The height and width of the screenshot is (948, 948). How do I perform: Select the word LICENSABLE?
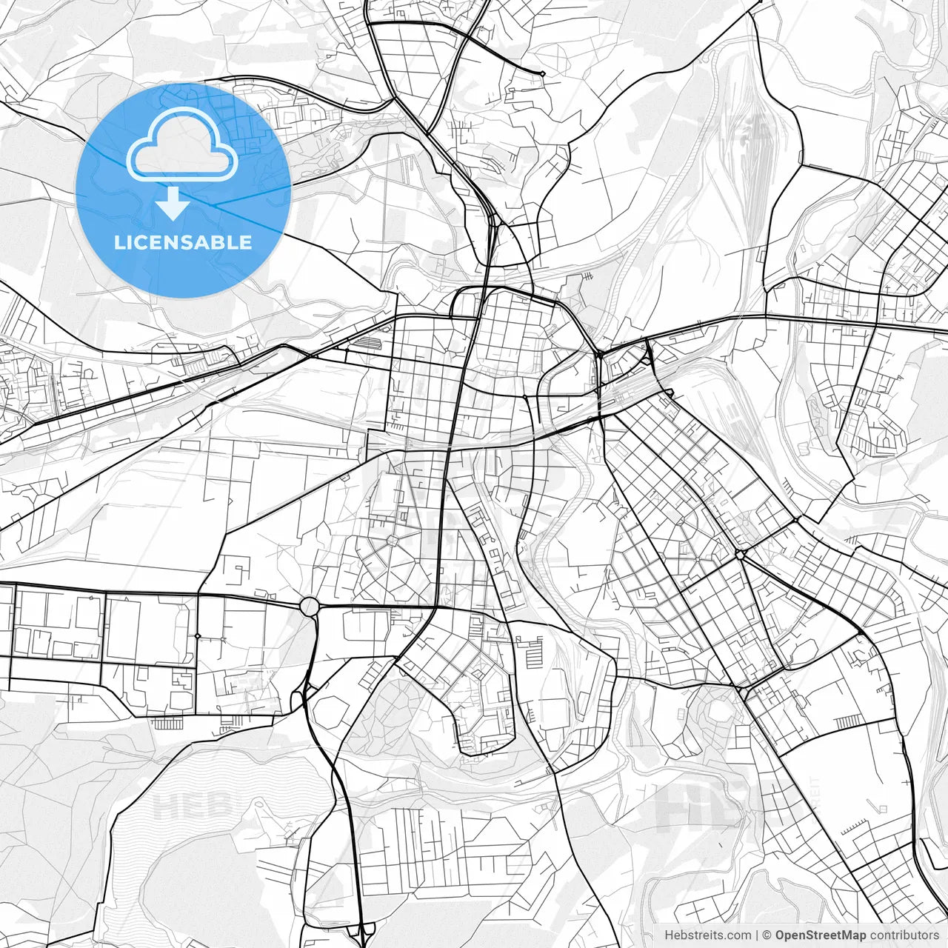tap(183, 242)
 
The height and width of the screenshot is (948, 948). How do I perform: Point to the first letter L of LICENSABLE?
tap(118, 242)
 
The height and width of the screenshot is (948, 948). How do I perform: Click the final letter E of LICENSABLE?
tap(246, 242)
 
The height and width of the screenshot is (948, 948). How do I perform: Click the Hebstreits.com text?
tap(707, 935)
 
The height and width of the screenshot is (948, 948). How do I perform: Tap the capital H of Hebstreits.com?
tap(669, 935)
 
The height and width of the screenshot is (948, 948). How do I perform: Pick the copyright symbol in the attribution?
tap(767, 935)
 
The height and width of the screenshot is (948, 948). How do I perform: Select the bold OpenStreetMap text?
tap(821, 935)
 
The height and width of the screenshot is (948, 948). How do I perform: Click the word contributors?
tap(904, 935)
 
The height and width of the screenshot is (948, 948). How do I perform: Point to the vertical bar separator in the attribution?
tap(757, 935)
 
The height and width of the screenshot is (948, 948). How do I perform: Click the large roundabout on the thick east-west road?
tap(309, 606)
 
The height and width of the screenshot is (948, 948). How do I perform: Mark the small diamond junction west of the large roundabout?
tap(198, 635)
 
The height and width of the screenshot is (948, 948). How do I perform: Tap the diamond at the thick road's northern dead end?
tap(542, 73)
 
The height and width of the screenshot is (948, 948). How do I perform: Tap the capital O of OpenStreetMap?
tap(781, 935)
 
